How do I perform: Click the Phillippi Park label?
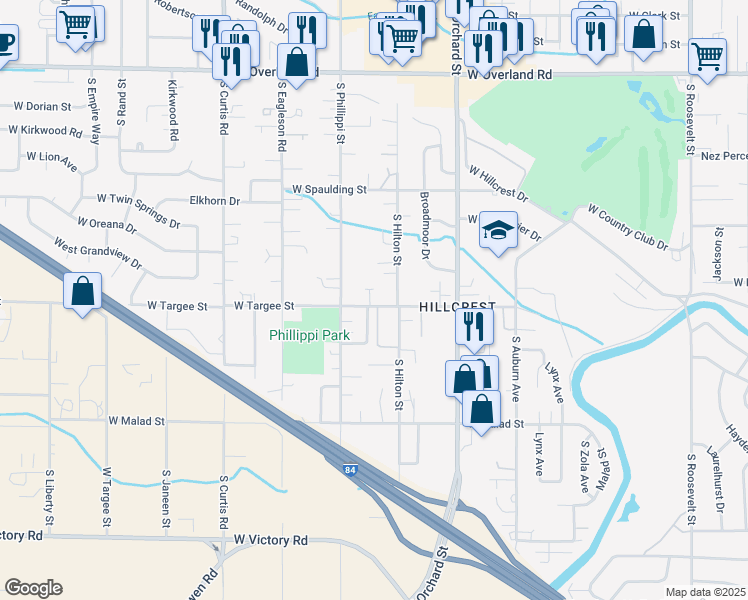(x=309, y=336)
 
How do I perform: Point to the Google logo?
(x=33, y=588)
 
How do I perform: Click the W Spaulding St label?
(x=329, y=189)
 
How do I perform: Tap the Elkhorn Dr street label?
(x=215, y=201)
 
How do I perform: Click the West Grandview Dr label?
(x=98, y=253)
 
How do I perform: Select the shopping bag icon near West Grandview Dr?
(x=83, y=292)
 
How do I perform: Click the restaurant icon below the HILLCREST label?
(x=473, y=326)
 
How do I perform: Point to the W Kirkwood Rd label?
(x=45, y=130)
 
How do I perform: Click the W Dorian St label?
(x=42, y=105)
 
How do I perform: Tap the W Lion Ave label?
(x=52, y=156)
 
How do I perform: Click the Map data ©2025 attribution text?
(x=706, y=592)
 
